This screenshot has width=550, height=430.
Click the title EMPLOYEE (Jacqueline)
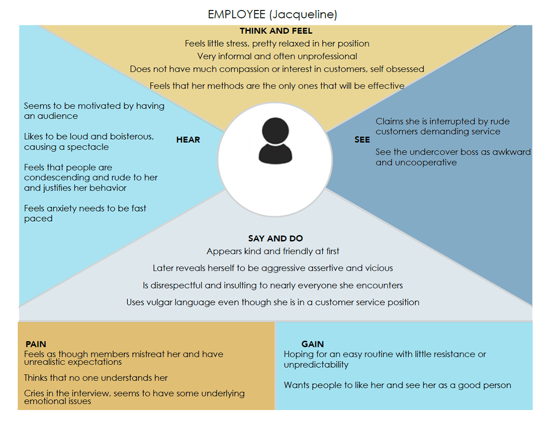[x=272, y=14]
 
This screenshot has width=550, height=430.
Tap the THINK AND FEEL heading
[x=276, y=31]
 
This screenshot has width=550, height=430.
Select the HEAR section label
[x=188, y=140]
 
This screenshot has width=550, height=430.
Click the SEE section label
[x=362, y=140]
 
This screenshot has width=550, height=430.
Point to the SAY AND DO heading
[x=275, y=239]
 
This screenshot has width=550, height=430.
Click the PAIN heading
[x=36, y=344]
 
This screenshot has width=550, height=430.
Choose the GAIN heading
[x=313, y=344]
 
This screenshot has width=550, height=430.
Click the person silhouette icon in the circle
[x=275, y=141]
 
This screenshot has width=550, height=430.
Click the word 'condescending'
[x=57, y=178]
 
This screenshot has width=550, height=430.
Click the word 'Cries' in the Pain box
[x=35, y=393]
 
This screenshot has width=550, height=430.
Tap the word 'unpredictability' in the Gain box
[x=316, y=365]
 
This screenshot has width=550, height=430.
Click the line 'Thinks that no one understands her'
[x=96, y=378]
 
